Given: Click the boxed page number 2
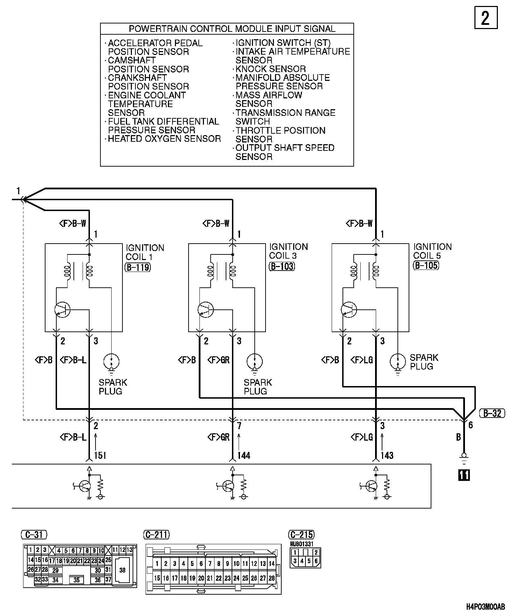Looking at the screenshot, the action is [x=486, y=17].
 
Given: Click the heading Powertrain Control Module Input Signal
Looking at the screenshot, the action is [x=232, y=29].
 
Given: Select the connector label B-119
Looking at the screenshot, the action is [x=137, y=268].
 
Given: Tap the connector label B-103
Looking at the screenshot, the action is [x=282, y=267].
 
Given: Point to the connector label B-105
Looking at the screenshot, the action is [x=426, y=265].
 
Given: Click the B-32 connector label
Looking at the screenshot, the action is [x=492, y=413].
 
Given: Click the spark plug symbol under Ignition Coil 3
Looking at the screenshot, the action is [x=255, y=362].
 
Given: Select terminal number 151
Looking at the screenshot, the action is [x=100, y=455].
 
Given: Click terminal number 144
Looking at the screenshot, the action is [x=244, y=455].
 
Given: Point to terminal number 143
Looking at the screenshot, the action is [x=387, y=455].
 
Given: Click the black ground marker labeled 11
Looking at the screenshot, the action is [x=464, y=475].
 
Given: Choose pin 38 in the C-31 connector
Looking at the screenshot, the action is [x=122, y=570].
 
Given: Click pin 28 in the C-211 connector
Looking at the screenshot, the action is [x=271, y=579].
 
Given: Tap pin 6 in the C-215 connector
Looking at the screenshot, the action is [x=316, y=561].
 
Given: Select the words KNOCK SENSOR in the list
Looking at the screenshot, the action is [x=271, y=69].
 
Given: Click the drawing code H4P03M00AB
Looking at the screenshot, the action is [x=485, y=607].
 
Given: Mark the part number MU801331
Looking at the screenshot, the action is [x=302, y=544].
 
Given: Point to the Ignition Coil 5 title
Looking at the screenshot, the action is [x=432, y=251].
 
